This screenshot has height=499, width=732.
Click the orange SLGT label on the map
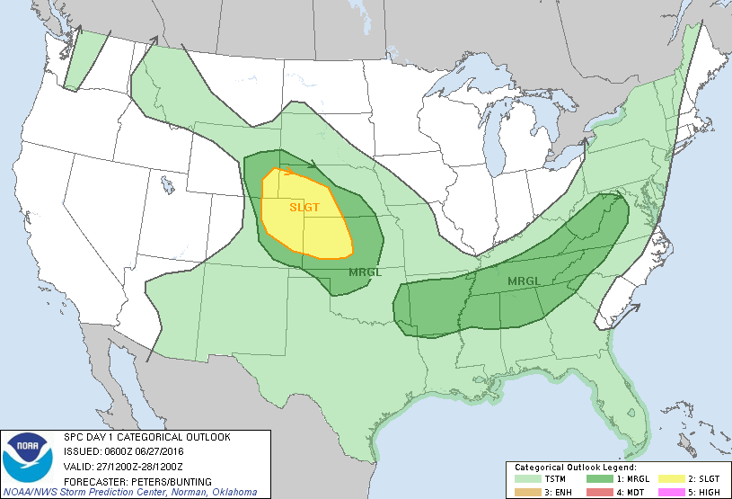(304, 207)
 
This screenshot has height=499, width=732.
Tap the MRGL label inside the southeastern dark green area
(524, 281)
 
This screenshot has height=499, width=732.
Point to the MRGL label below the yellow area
(364, 272)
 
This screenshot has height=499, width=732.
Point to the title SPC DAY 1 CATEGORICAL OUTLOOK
(146, 437)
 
